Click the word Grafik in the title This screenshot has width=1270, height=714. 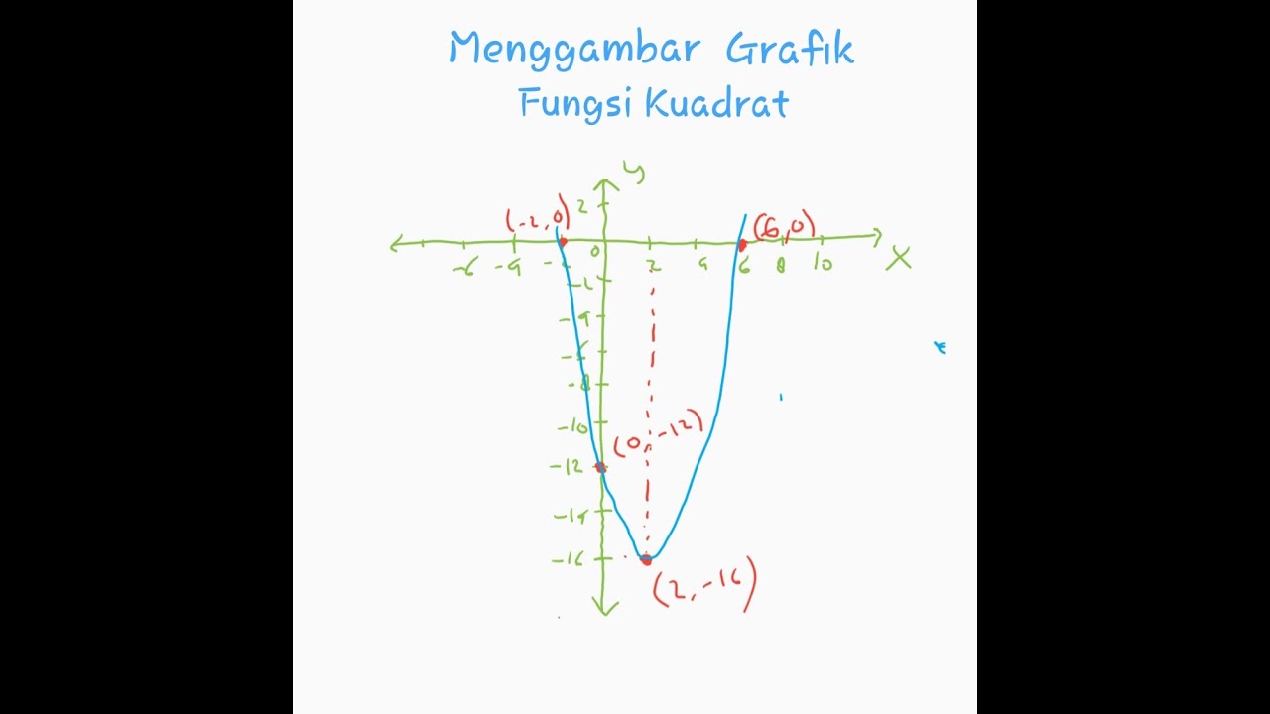pos(789,48)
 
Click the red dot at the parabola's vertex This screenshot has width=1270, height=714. pos(646,559)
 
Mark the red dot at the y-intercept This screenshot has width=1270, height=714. pos(600,467)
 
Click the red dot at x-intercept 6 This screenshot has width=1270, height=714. pos(742,243)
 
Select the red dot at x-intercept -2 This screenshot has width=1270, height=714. pos(562,241)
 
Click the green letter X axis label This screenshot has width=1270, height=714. pos(899,259)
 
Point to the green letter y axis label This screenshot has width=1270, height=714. pos(633,172)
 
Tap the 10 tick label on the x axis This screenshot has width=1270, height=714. pos(823,264)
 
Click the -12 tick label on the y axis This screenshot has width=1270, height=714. pos(568,467)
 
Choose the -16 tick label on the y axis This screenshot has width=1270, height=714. pos(568,559)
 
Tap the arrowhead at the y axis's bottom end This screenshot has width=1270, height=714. pos(604,607)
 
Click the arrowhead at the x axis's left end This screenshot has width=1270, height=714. pos(398,243)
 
